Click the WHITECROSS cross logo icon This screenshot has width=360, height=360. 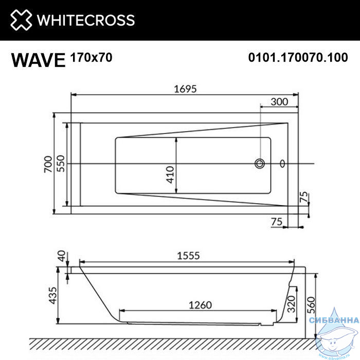pos(21,20)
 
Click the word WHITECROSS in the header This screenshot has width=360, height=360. pos(86,20)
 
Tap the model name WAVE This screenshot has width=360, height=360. pos(39,60)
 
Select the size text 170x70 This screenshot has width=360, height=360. pos(92,58)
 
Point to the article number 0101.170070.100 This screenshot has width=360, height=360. pos(298,58)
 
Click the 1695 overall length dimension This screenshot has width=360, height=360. pos(185,89)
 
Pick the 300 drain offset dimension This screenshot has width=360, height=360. pos(279,102)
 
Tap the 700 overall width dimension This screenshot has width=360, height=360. pos(48,164)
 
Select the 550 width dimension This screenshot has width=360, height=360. pos(61,164)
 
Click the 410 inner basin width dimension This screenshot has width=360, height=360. pos(170,175)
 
